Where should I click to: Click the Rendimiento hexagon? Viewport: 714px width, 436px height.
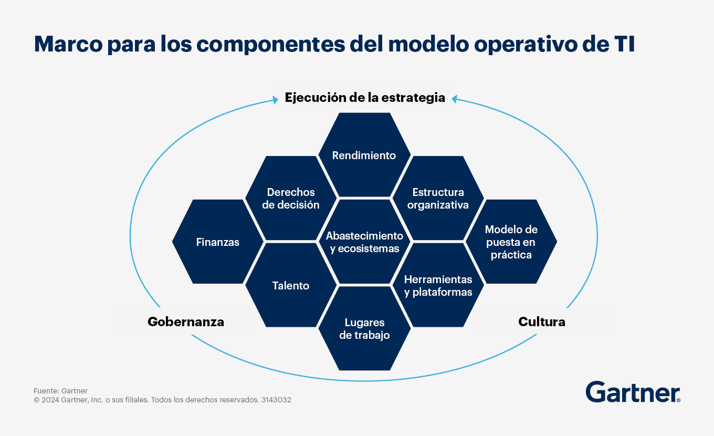click(x=364, y=155)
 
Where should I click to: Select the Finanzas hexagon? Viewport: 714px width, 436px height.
click(x=217, y=242)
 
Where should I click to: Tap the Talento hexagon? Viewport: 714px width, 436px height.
click(x=291, y=286)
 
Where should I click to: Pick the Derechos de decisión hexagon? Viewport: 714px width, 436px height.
click(x=291, y=199)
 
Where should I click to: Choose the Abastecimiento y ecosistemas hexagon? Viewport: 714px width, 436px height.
click(x=364, y=242)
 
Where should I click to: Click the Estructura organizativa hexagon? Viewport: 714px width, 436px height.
click(x=438, y=199)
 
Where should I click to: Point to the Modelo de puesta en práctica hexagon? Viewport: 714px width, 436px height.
click(x=511, y=242)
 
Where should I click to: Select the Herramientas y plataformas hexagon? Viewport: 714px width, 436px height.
click(x=438, y=286)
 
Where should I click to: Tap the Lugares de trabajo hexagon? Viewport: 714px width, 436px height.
click(x=364, y=329)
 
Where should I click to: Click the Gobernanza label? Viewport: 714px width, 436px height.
click(x=186, y=321)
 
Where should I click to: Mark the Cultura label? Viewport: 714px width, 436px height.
click(x=541, y=321)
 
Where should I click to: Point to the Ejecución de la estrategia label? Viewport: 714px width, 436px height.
click(x=365, y=97)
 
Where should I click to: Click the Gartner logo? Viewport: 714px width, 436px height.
click(x=633, y=392)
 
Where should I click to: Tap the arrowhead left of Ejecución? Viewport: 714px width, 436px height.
click(x=275, y=98)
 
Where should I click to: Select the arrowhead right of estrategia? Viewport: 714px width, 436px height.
click(x=455, y=98)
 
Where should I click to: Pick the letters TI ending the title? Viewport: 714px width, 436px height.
click(x=625, y=44)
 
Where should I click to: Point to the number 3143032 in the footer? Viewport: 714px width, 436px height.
click(x=276, y=400)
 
